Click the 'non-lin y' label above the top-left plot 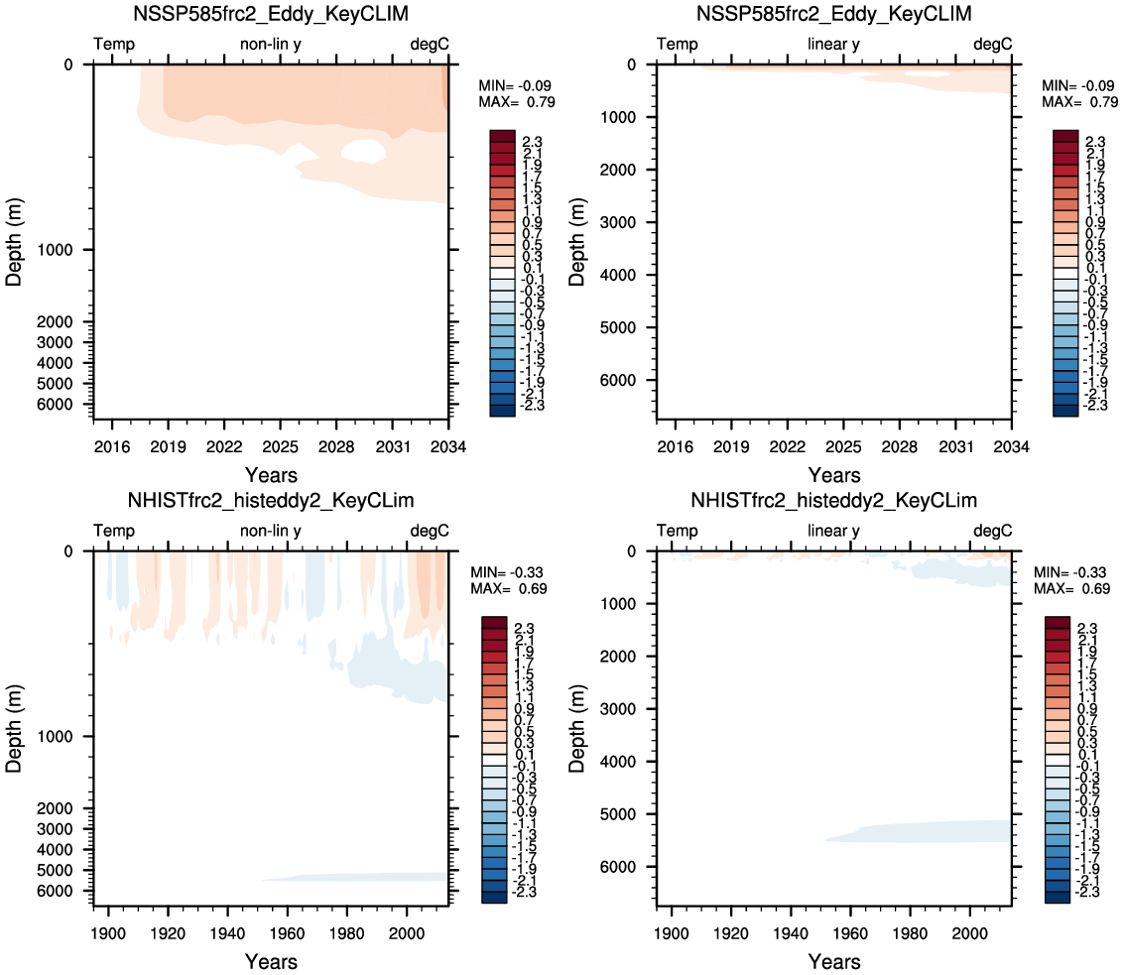click(x=271, y=45)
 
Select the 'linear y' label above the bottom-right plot click(x=833, y=531)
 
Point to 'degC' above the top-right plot click(x=992, y=45)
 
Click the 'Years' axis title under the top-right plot click(x=833, y=475)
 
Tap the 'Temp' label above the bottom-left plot click(x=114, y=531)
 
